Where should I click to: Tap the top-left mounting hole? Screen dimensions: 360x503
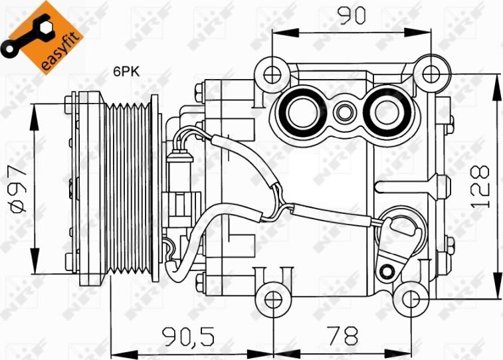click(x=270, y=72)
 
